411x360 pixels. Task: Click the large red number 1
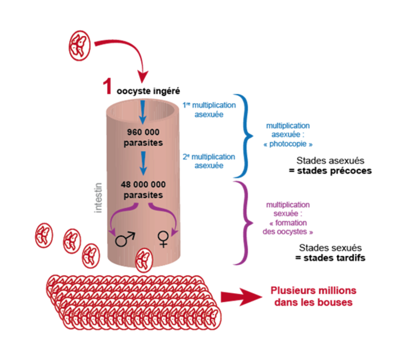pos(108,87)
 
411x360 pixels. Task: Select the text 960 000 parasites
pos(143,137)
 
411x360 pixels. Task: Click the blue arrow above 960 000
pos(143,112)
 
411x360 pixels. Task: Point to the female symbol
pos(163,239)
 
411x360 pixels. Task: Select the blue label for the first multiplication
pos(209,110)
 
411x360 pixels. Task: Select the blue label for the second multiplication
pos(209,160)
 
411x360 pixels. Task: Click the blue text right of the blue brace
pos(290,134)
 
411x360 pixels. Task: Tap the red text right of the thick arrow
pos(313,297)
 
